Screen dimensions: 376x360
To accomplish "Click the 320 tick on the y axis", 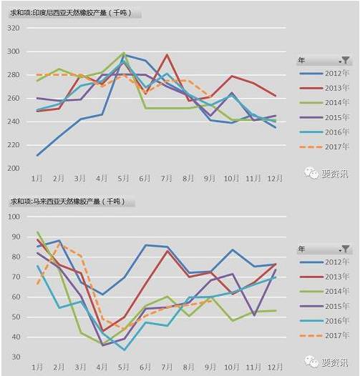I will point(13,27).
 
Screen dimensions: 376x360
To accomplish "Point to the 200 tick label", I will point(13,169).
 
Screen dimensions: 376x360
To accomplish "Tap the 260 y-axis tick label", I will point(13,98).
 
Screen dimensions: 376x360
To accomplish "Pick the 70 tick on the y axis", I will point(15,277).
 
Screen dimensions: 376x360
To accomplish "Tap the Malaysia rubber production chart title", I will point(70,203).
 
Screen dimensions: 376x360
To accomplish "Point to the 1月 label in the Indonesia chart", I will point(37,177).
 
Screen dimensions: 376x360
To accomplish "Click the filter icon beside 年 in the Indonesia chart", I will point(346,60).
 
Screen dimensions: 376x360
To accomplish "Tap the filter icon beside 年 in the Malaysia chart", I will point(346,249).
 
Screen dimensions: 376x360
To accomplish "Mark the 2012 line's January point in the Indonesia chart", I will point(37,155).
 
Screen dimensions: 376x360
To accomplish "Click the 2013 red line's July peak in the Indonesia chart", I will point(167,55).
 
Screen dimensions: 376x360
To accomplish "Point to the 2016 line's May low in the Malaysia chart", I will point(125,350).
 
